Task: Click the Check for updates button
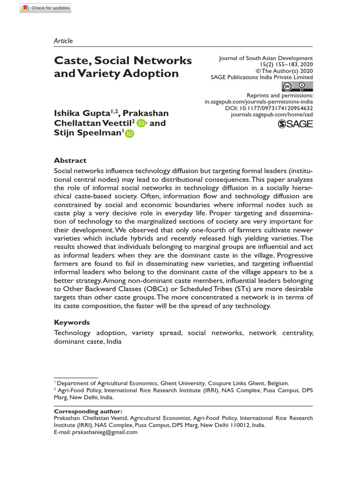[45, 8]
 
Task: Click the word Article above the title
[63, 41]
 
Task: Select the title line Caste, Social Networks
[123, 60]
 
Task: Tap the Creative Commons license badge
[297, 86]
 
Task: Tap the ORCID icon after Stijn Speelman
[129, 134]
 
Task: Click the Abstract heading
[70, 160]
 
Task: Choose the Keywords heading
[72, 322]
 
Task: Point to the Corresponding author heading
[88, 411]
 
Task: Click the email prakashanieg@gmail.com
[105, 432]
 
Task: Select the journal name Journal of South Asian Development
[266, 58]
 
